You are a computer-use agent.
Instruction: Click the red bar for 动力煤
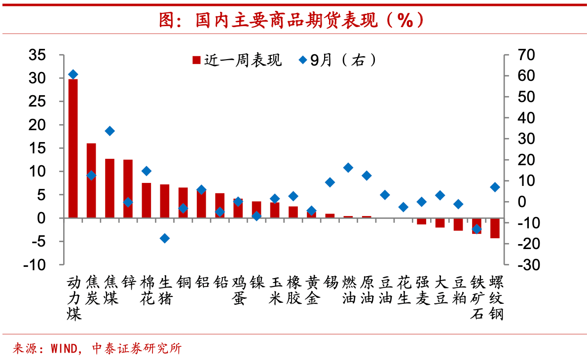click(73, 148)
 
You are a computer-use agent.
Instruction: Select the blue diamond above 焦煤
click(110, 131)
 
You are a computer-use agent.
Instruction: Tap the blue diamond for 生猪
click(165, 238)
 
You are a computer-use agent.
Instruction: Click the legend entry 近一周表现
click(237, 60)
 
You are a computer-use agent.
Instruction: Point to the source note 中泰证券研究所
click(137, 349)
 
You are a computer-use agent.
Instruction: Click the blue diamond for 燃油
click(348, 168)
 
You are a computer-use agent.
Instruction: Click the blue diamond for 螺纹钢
click(495, 187)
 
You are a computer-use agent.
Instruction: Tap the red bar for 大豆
click(440, 222)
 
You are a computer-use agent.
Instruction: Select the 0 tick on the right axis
click(516, 202)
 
